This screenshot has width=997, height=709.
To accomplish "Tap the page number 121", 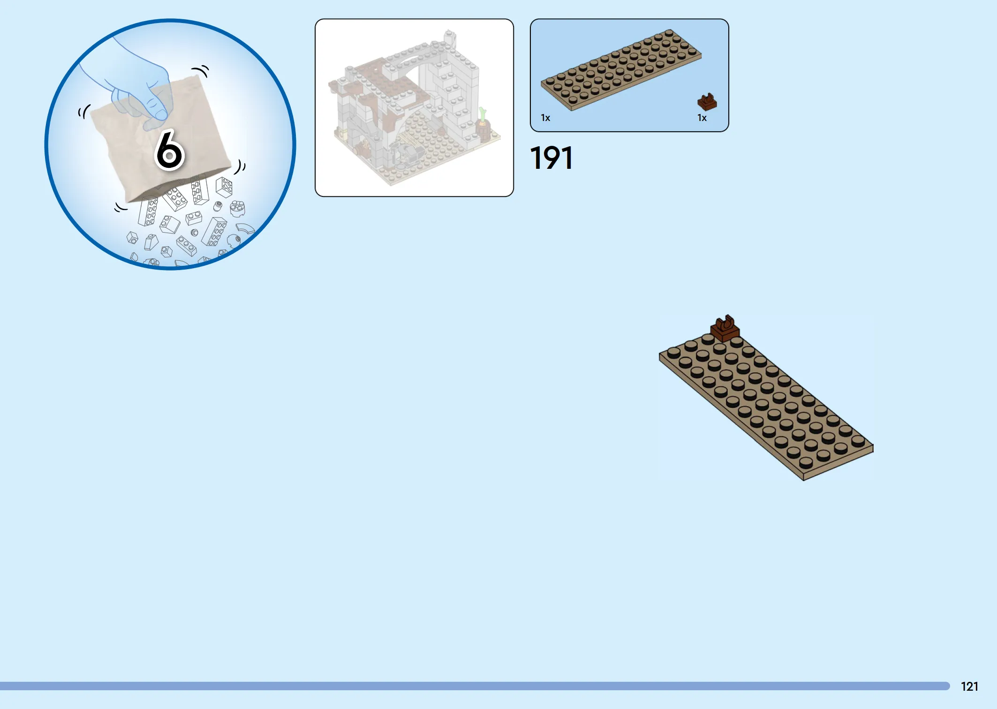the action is tap(969, 686).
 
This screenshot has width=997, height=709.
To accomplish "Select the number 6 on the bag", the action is tap(169, 150).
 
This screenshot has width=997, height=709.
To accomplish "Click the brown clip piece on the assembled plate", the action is tap(725, 328).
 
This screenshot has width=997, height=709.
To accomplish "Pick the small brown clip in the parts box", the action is tap(707, 102).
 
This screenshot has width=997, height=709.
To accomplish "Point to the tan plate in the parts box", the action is tap(621, 70).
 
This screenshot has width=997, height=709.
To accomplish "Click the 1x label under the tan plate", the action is tap(545, 118).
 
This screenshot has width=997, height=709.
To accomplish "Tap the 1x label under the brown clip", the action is tap(702, 118).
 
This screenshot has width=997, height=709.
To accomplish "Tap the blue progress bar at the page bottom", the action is tap(475, 686).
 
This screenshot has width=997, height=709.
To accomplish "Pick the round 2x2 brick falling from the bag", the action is tap(237, 208).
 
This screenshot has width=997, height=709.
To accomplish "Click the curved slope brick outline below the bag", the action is tap(245, 228).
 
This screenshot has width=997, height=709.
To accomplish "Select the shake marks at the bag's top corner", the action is tap(201, 71).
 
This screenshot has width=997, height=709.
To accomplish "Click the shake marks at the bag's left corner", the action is tap(84, 112).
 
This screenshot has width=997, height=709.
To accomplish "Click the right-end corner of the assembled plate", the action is tap(873, 446).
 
